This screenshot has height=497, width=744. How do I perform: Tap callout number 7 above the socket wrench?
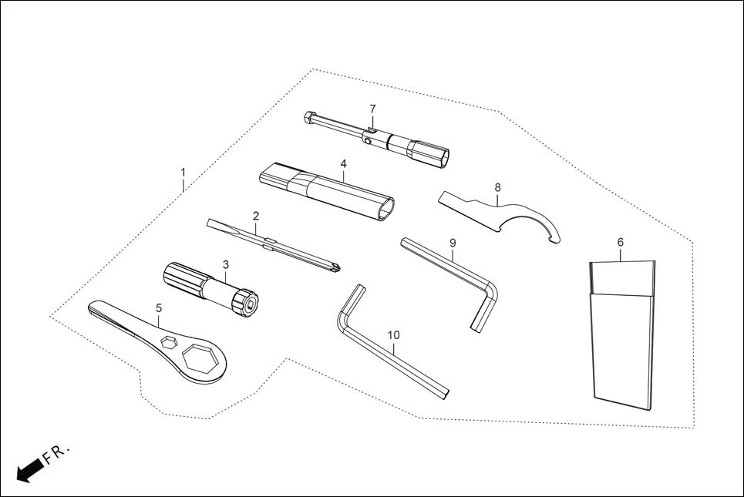(x=372, y=109)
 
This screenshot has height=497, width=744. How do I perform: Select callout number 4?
(x=343, y=163)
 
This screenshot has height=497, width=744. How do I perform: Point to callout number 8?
(x=497, y=187)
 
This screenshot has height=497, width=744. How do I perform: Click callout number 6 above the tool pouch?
(x=621, y=243)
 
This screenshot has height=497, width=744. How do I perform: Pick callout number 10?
(x=394, y=335)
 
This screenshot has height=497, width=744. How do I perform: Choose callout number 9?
(x=453, y=243)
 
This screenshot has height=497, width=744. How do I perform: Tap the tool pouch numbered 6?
(x=622, y=339)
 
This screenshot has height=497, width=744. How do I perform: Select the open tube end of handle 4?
(x=385, y=208)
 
